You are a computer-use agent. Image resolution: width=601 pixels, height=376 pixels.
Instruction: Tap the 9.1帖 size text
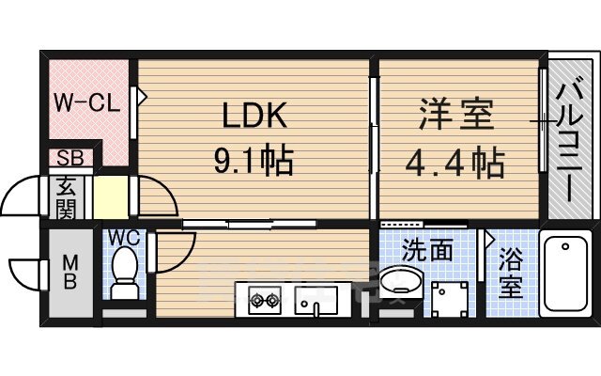pyautogui.click(x=254, y=161)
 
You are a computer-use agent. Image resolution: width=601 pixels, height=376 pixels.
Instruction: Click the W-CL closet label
pyautogui.click(x=85, y=102)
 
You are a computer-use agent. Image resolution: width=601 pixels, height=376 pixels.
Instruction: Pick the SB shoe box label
pyautogui.click(x=69, y=158)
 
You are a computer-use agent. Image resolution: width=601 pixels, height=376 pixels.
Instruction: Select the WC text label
pyautogui.click(x=122, y=238)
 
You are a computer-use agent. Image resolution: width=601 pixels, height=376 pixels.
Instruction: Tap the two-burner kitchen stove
pyautogui.click(x=264, y=302)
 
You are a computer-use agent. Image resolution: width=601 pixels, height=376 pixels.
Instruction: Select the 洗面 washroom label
pyautogui.click(x=427, y=250)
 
